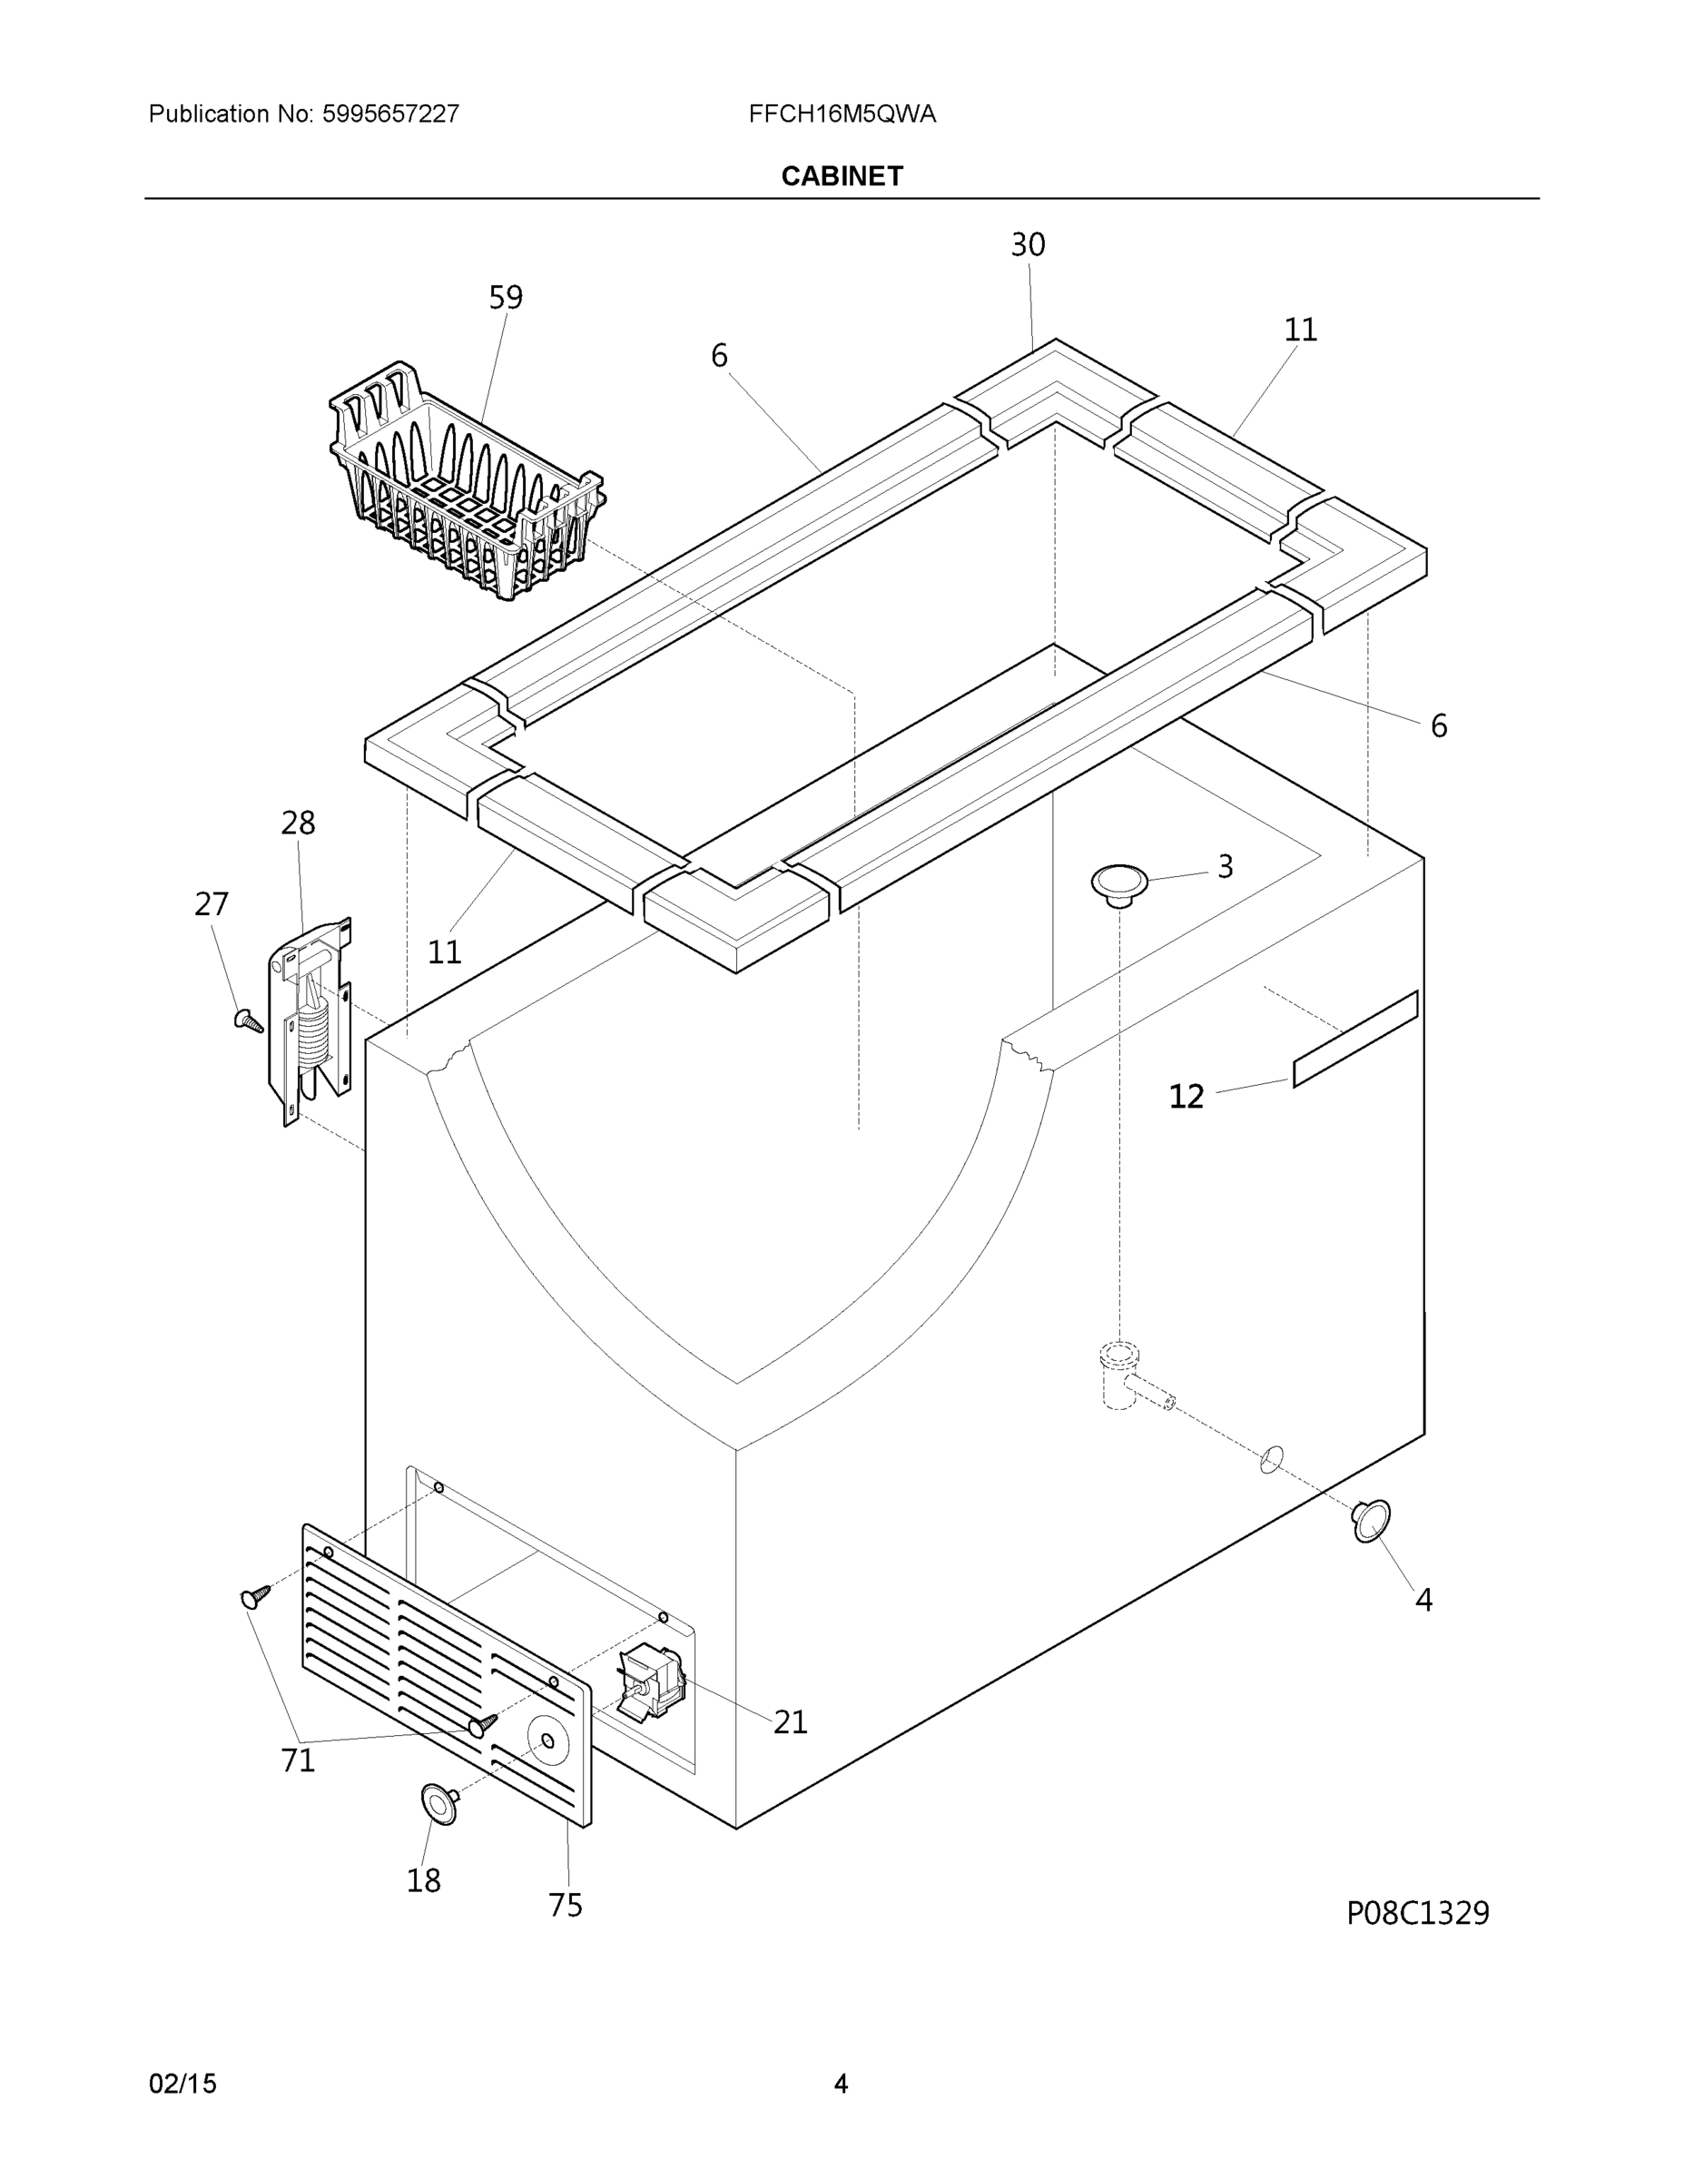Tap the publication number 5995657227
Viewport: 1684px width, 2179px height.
(x=390, y=113)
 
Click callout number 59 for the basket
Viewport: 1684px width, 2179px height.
(x=505, y=297)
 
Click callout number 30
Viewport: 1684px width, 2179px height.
(x=1028, y=244)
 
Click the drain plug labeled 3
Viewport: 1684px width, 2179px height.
(x=1119, y=883)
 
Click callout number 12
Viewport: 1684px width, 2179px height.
(x=1187, y=1097)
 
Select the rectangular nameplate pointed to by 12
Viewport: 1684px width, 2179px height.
(x=1354, y=1040)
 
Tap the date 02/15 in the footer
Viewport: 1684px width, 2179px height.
(x=182, y=2085)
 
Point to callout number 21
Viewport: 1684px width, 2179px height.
(x=790, y=1721)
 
